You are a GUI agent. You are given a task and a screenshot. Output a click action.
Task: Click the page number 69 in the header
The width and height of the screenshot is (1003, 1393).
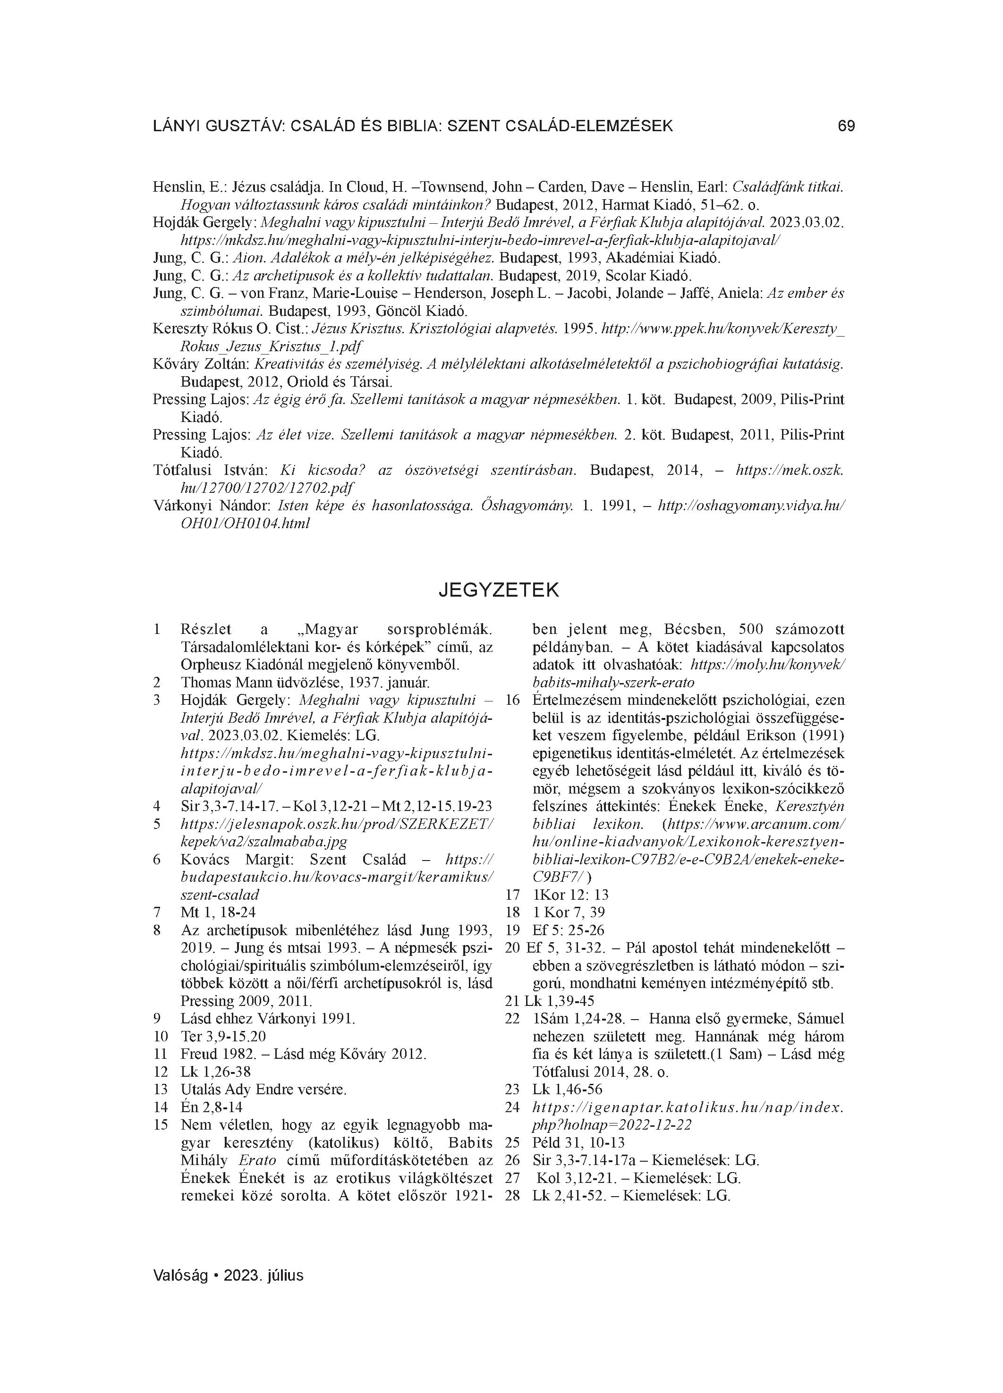click(x=846, y=126)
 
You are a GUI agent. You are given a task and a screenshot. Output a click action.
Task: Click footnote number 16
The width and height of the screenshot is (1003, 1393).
click(x=512, y=700)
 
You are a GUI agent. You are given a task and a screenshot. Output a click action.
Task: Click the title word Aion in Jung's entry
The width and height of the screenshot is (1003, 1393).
click(x=246, y=258)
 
